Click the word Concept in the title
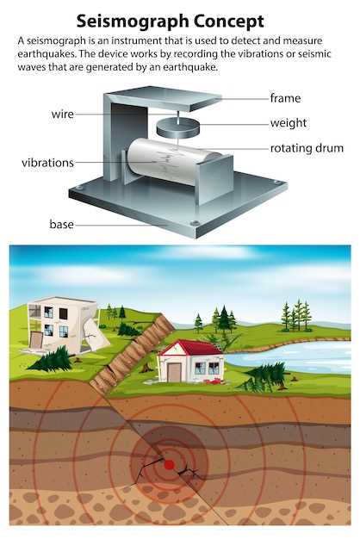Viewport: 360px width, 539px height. click(x=228, y=22)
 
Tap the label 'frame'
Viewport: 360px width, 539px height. click(x=285, y=98)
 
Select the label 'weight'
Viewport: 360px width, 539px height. click(x=289, y=123)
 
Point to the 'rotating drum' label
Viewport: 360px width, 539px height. click(x=307, y=148)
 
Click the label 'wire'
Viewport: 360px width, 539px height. click(x=62, y=115)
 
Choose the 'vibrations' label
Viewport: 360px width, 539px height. click(x=47, y=162)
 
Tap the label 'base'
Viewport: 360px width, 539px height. click(x=61, y=224)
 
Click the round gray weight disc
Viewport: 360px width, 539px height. click(x=177, y=127)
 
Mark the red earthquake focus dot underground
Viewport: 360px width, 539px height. click(x=169, y=465)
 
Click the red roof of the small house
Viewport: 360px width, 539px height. click(x=192, y=348)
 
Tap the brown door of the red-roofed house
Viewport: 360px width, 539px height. click(x=174, y=373)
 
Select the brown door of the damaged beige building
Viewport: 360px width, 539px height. click(x=35, y=339)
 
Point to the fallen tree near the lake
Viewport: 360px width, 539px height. click(x=263, y=377)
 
